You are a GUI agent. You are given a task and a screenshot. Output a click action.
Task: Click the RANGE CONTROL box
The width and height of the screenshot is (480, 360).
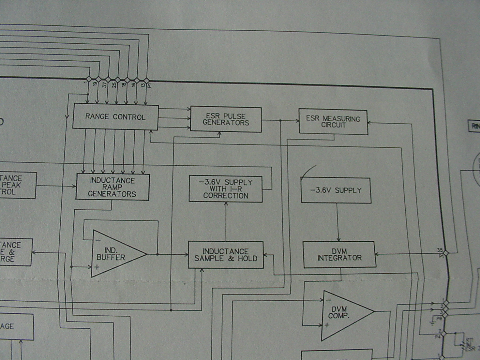point(115,117)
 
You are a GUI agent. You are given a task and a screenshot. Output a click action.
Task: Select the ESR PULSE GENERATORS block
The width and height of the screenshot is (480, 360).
point(226,120)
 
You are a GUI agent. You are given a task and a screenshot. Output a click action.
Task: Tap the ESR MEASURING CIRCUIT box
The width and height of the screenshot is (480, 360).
point(333,122)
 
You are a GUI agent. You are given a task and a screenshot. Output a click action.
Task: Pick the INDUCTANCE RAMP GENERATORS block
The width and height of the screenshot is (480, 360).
point(112,187)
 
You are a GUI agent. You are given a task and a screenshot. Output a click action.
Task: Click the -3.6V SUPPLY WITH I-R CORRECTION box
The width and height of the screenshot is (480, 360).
point(226,189)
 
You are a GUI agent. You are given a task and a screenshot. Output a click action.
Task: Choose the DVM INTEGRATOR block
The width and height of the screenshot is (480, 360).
point(339,255)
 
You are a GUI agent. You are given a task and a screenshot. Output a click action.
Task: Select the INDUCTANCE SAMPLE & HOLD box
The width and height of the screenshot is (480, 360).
point(226,255)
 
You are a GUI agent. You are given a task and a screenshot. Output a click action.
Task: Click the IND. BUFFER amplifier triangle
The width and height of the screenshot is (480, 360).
point(114,254)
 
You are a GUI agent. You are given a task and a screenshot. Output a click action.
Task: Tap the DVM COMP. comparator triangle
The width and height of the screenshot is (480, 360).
point(342,315)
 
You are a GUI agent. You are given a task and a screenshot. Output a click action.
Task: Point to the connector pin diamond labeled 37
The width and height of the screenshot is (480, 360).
point(108,79)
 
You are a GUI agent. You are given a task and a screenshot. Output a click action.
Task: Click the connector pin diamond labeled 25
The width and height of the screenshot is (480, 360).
point(118,79)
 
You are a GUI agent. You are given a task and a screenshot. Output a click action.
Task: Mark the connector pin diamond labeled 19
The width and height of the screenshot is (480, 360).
point(98,79)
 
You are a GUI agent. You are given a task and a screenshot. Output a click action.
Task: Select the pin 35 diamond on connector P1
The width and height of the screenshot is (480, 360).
point(446,253)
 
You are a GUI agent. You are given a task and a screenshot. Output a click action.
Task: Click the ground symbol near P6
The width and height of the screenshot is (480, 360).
point(432,323)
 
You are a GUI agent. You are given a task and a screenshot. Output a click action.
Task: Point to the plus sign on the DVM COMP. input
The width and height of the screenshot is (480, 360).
point(327,325)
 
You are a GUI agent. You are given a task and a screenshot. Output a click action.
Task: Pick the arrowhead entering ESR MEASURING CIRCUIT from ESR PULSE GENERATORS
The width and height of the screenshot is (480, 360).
point(297,121)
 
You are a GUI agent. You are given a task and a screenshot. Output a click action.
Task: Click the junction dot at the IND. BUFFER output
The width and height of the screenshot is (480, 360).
point(157,254)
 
